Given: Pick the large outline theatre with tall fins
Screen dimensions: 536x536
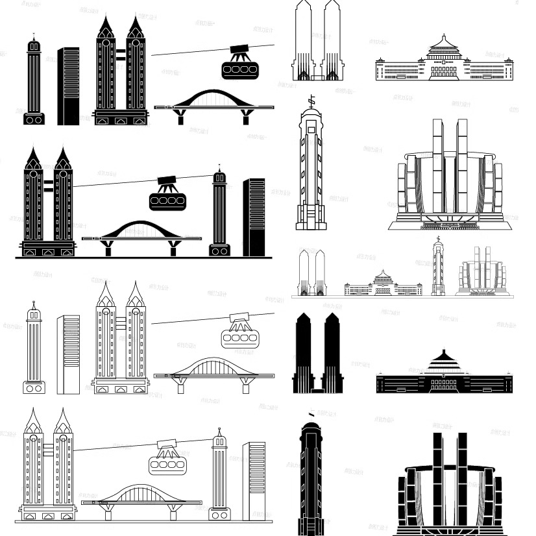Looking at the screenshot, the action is click(x=452, y=178).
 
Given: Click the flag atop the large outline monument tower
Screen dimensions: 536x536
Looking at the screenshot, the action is click(x=312, y=102).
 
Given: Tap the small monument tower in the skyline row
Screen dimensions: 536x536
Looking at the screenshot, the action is click(x=437, y=269).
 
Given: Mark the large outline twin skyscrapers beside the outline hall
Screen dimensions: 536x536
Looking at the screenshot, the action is click(x=317, y=42).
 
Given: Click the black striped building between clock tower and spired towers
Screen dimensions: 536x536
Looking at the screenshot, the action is click(x=68, y=86).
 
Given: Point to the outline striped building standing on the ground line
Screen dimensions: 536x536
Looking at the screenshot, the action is click(x=254, y=480).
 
